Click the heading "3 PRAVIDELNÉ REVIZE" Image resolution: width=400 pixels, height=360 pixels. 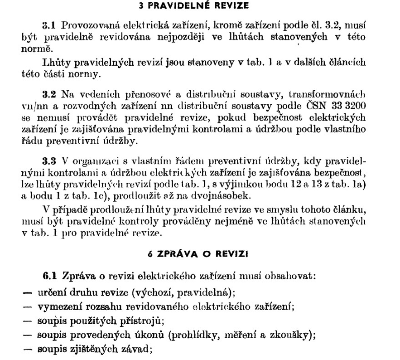point(200,6)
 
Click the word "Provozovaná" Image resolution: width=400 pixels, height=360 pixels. point(85,25)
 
